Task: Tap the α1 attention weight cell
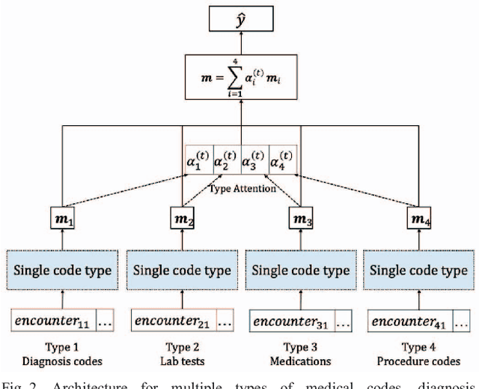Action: pyautogui.click(x=200, y=160)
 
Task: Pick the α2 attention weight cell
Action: pyautogui.click(x=228, y=160)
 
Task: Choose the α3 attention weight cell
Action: pyautogui.click(x=254, y=160)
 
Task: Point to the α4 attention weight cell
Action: pyautogui.click(x=283, y=160)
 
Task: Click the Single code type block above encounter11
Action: pyautogui.click(x=65, y=269)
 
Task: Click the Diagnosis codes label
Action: pyautogui.click(x=64, y=361)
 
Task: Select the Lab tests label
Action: pyautogui.click(x=182, y=361)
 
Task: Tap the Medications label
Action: pyautogui.click(x=300, y=361)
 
